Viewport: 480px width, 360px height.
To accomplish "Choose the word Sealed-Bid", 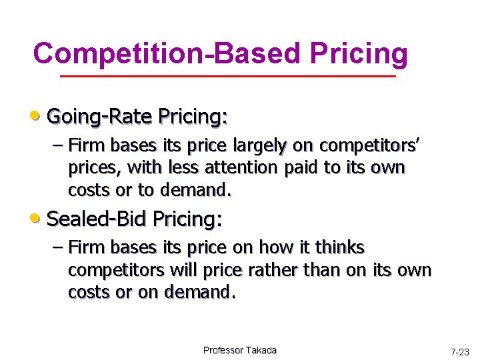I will click(98, 218).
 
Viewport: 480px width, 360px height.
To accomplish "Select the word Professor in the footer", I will click(225, 350).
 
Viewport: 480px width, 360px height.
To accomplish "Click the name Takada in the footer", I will click(262, 350).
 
